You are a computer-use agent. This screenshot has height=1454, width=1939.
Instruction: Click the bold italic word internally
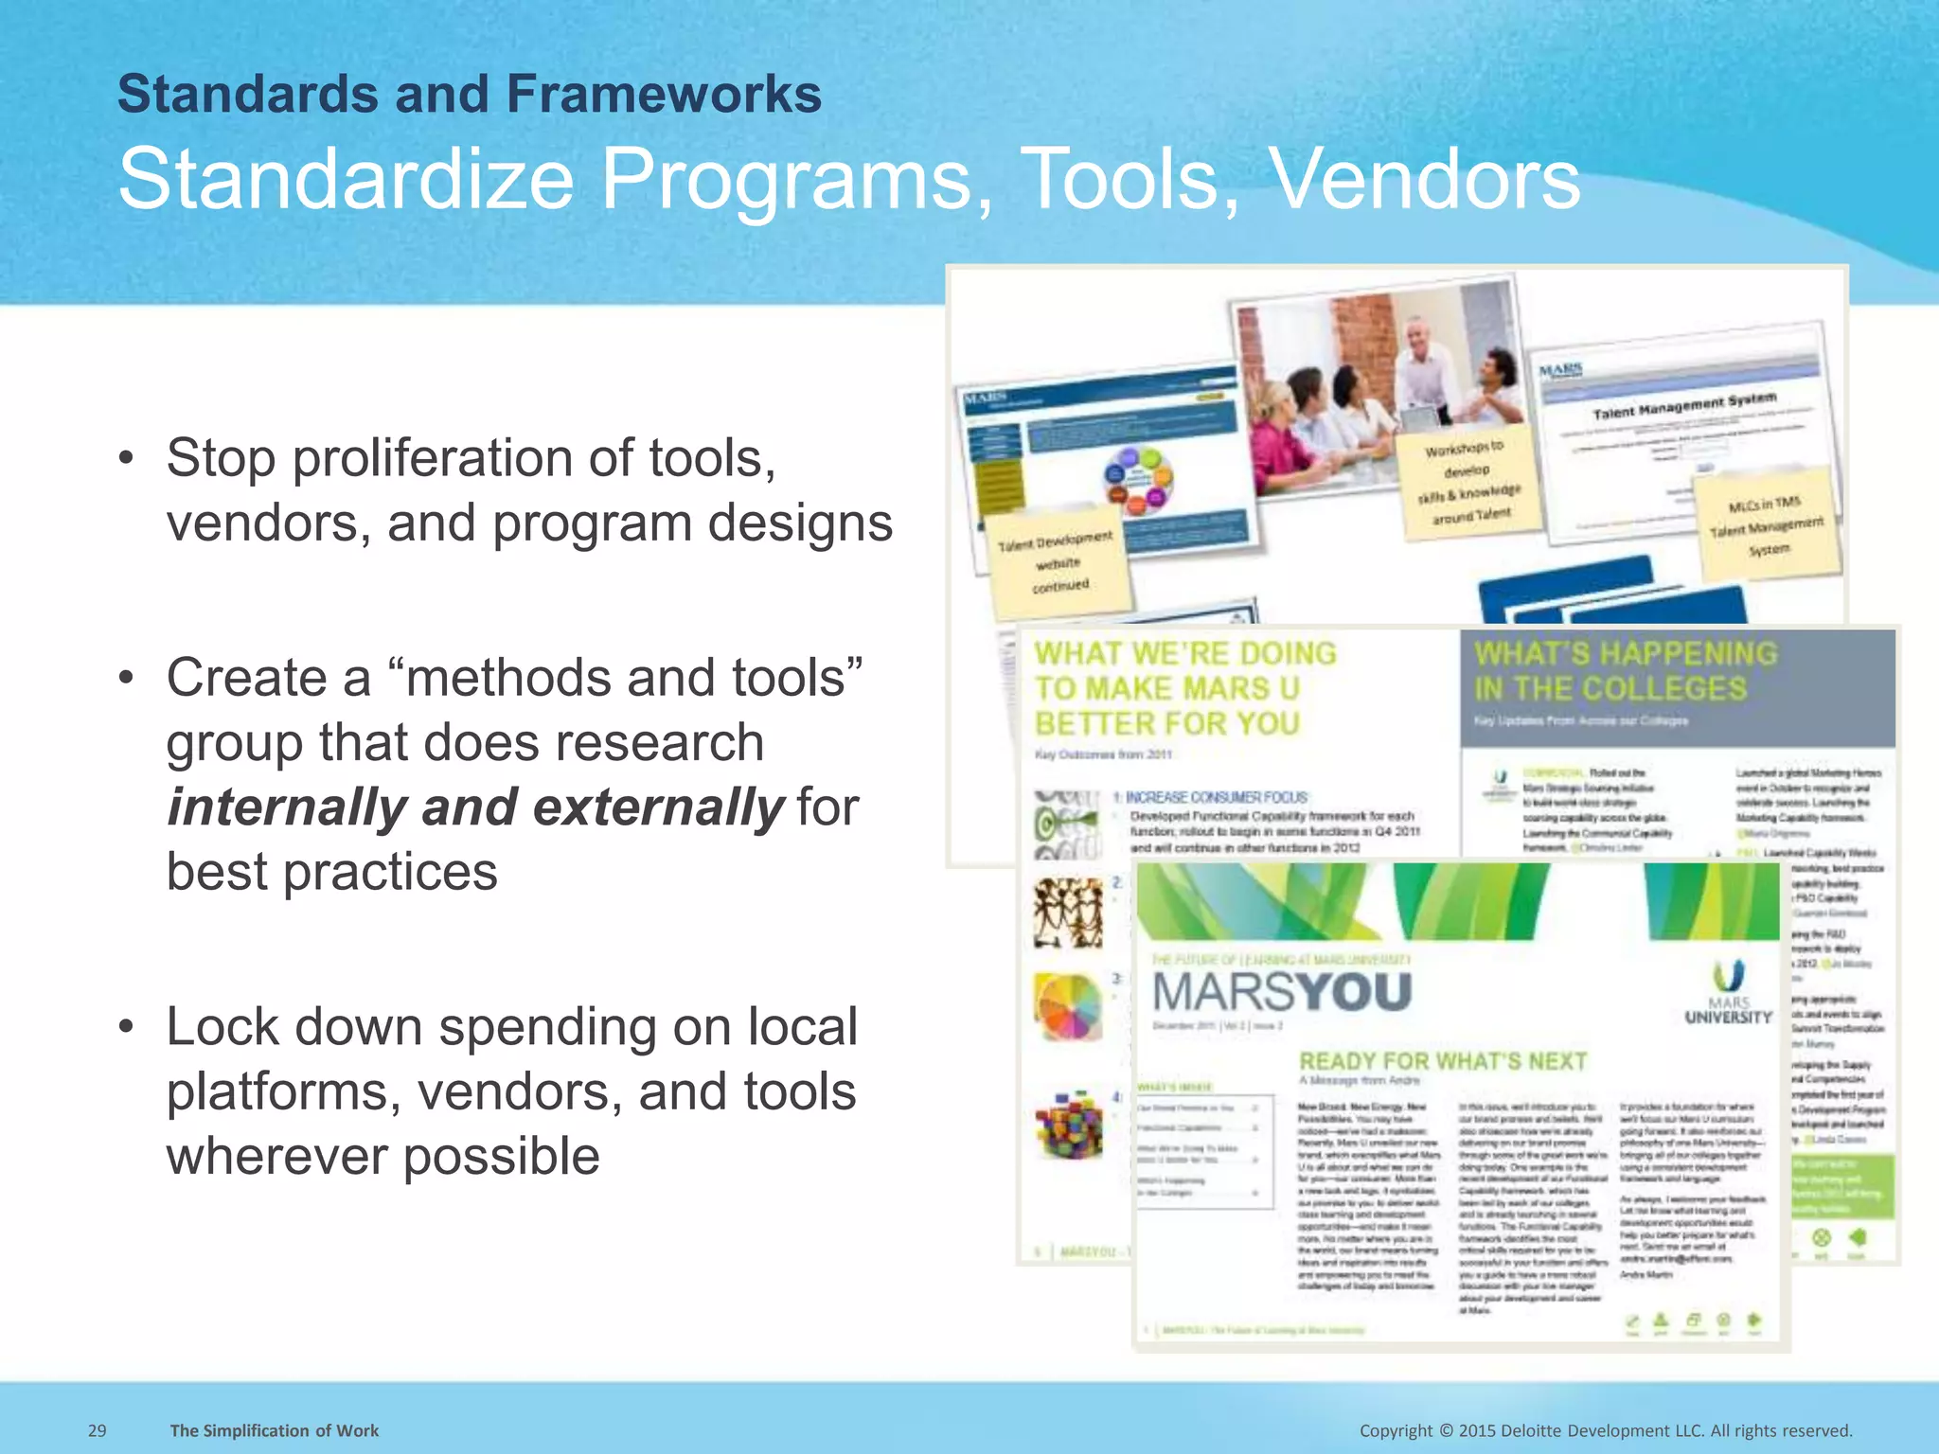point(287,807)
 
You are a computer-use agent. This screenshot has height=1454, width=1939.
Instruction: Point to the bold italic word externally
point(658,807)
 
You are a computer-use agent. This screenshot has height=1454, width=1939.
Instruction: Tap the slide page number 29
point(97,1430)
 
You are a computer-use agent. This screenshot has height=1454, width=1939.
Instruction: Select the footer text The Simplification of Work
point(274,1430)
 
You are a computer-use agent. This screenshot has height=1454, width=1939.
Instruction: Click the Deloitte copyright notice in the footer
point(1606,1430)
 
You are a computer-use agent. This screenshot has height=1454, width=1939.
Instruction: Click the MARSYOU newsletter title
point(1282,992)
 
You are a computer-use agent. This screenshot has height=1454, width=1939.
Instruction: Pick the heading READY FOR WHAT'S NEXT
point(1443,1061)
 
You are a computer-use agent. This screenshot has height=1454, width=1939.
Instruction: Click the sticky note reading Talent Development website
point(1059,562)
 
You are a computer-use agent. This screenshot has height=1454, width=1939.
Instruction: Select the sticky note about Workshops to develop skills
point(1468,483)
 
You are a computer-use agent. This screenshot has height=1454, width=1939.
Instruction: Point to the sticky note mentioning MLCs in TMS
point(1766,525)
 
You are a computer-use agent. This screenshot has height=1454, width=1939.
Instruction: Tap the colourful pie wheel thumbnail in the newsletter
point(1069,1006)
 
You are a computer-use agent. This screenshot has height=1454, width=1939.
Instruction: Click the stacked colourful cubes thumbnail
point(1069,1125)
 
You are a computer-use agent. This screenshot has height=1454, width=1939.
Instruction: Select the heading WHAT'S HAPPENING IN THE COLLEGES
point(1625,670)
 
